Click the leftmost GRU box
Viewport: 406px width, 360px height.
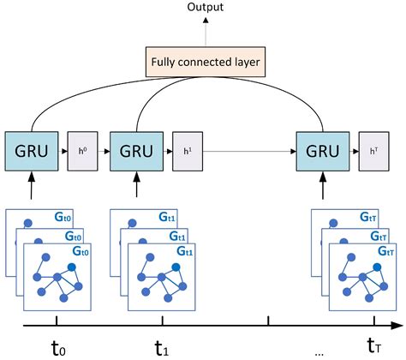coord(30,151)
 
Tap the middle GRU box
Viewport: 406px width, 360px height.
coord(136,151)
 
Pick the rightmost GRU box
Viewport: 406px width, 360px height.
coord(320,151)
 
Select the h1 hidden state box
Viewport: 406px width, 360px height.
coord(186,151)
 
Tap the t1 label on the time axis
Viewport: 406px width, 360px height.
coord(160,348)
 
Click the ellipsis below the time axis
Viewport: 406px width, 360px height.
coord(318,352)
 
